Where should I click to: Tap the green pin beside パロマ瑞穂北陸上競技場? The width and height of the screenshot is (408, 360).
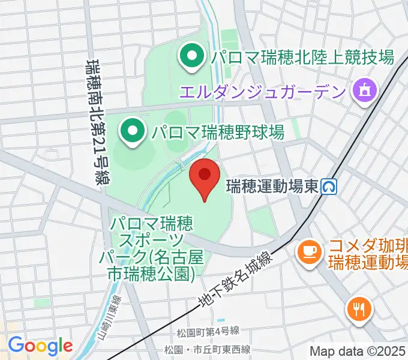pyautogui.click(x=191, y=58)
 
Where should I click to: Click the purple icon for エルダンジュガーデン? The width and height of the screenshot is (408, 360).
pyautogui.click(x=364, y=91)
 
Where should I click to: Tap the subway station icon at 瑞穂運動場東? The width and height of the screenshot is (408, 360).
pyautogui.click(x=328, y=187)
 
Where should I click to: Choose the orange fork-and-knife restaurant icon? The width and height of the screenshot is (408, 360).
pyautogui.click(x=359, y=310)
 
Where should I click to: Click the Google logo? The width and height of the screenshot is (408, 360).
pyautogui.click(x=40, y=346)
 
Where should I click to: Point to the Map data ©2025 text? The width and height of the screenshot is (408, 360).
pyautogui.click(x=358, y=351)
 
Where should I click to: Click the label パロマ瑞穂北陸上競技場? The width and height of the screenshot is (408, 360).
pyautogui.click(x=302, y=58)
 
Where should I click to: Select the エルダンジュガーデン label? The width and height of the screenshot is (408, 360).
pyautogui.click(x=263, y=92)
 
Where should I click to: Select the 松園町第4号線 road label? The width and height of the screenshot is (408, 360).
pyautogui.click(x=209, y=331)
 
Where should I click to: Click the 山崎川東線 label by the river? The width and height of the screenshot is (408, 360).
pyautogui.click(x=115, y=318)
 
